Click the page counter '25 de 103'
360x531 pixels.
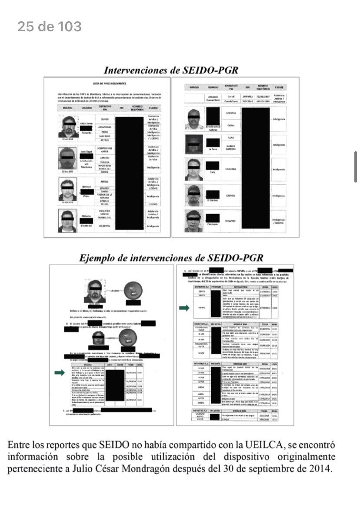[x=49, y=27]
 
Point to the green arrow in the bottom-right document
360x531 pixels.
[x=185, y=308]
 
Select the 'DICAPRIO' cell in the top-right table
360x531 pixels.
[x=231, y=221]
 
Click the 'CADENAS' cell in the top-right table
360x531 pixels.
[x=231, y=113]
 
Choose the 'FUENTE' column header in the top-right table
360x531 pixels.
[x=279, y=88]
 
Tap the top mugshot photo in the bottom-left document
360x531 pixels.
[x=95, y=291]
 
